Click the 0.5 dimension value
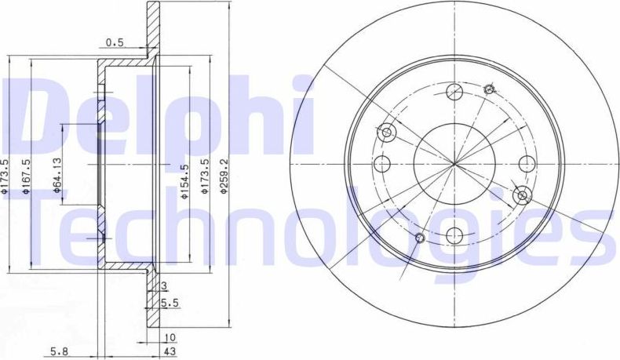coord(116,43)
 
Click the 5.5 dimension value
coord(169,301)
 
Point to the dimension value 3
coord(163,287)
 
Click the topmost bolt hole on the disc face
coord(453,93)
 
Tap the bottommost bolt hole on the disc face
coord(453,234)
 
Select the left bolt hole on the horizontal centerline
coord(382,164)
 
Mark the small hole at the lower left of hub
coord(419,238)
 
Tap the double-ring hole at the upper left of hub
coord(387,132)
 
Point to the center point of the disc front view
coord(453,164)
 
